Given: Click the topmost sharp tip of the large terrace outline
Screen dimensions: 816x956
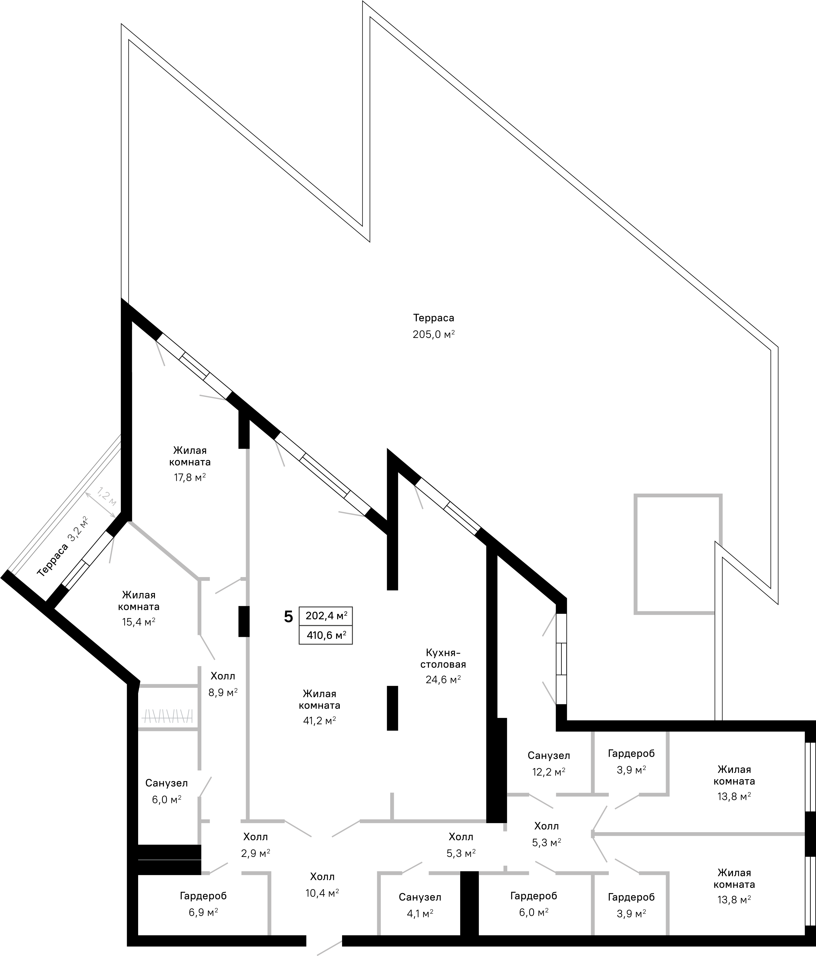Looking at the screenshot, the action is pos(363,1).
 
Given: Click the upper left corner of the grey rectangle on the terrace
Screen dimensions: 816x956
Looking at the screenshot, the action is pos(635,495).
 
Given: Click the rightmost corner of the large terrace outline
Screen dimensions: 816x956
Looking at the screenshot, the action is pos(778,347).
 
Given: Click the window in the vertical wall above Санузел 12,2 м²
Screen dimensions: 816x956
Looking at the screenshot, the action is pos(561,659).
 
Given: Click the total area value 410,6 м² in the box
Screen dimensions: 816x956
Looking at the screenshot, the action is pos(326,635).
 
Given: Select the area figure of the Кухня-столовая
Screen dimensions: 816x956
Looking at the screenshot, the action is pos(443,679).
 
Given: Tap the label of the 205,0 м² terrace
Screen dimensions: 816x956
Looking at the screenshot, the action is pos(433,318).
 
